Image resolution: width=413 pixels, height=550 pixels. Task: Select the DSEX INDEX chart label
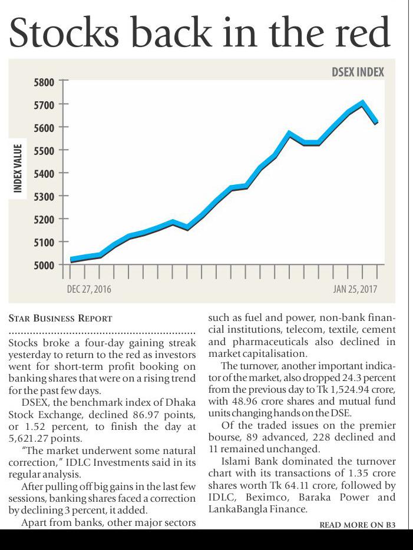pos(358,72)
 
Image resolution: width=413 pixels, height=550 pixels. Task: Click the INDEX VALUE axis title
pos(18,168)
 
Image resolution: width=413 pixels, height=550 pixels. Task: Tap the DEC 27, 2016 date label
pos(89,289)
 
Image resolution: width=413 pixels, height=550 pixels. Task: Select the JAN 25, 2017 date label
pos(355,289)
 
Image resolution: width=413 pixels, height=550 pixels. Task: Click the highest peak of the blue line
pos(362,102)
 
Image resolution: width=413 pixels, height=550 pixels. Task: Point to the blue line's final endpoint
pos(376,122)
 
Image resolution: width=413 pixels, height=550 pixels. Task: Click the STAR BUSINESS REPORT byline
pos(60,319)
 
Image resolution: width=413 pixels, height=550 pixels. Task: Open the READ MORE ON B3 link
pos(357,524)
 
